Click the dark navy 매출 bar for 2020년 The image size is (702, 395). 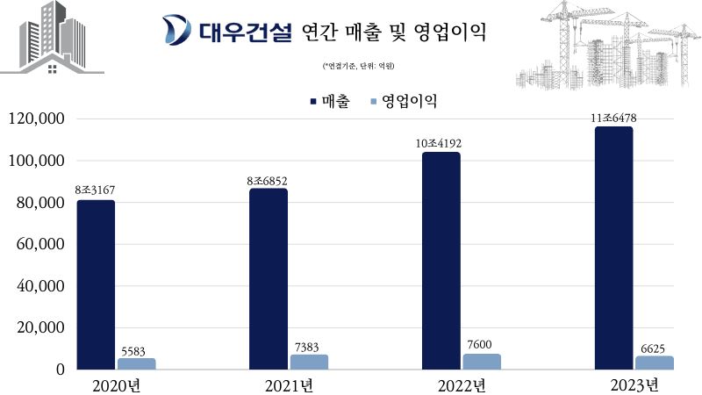tap(95, 284)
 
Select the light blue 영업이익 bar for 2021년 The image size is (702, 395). tap(308, 362)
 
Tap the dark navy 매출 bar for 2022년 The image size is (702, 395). tap(441, 261)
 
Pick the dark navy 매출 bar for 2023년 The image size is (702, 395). tap(613, 248)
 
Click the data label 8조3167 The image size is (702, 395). tap(95, 190)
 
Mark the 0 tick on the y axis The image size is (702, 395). tap(61, 370)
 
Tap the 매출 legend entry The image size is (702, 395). tap(332, 102)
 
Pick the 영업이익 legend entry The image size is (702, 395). tap(405, 102)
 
